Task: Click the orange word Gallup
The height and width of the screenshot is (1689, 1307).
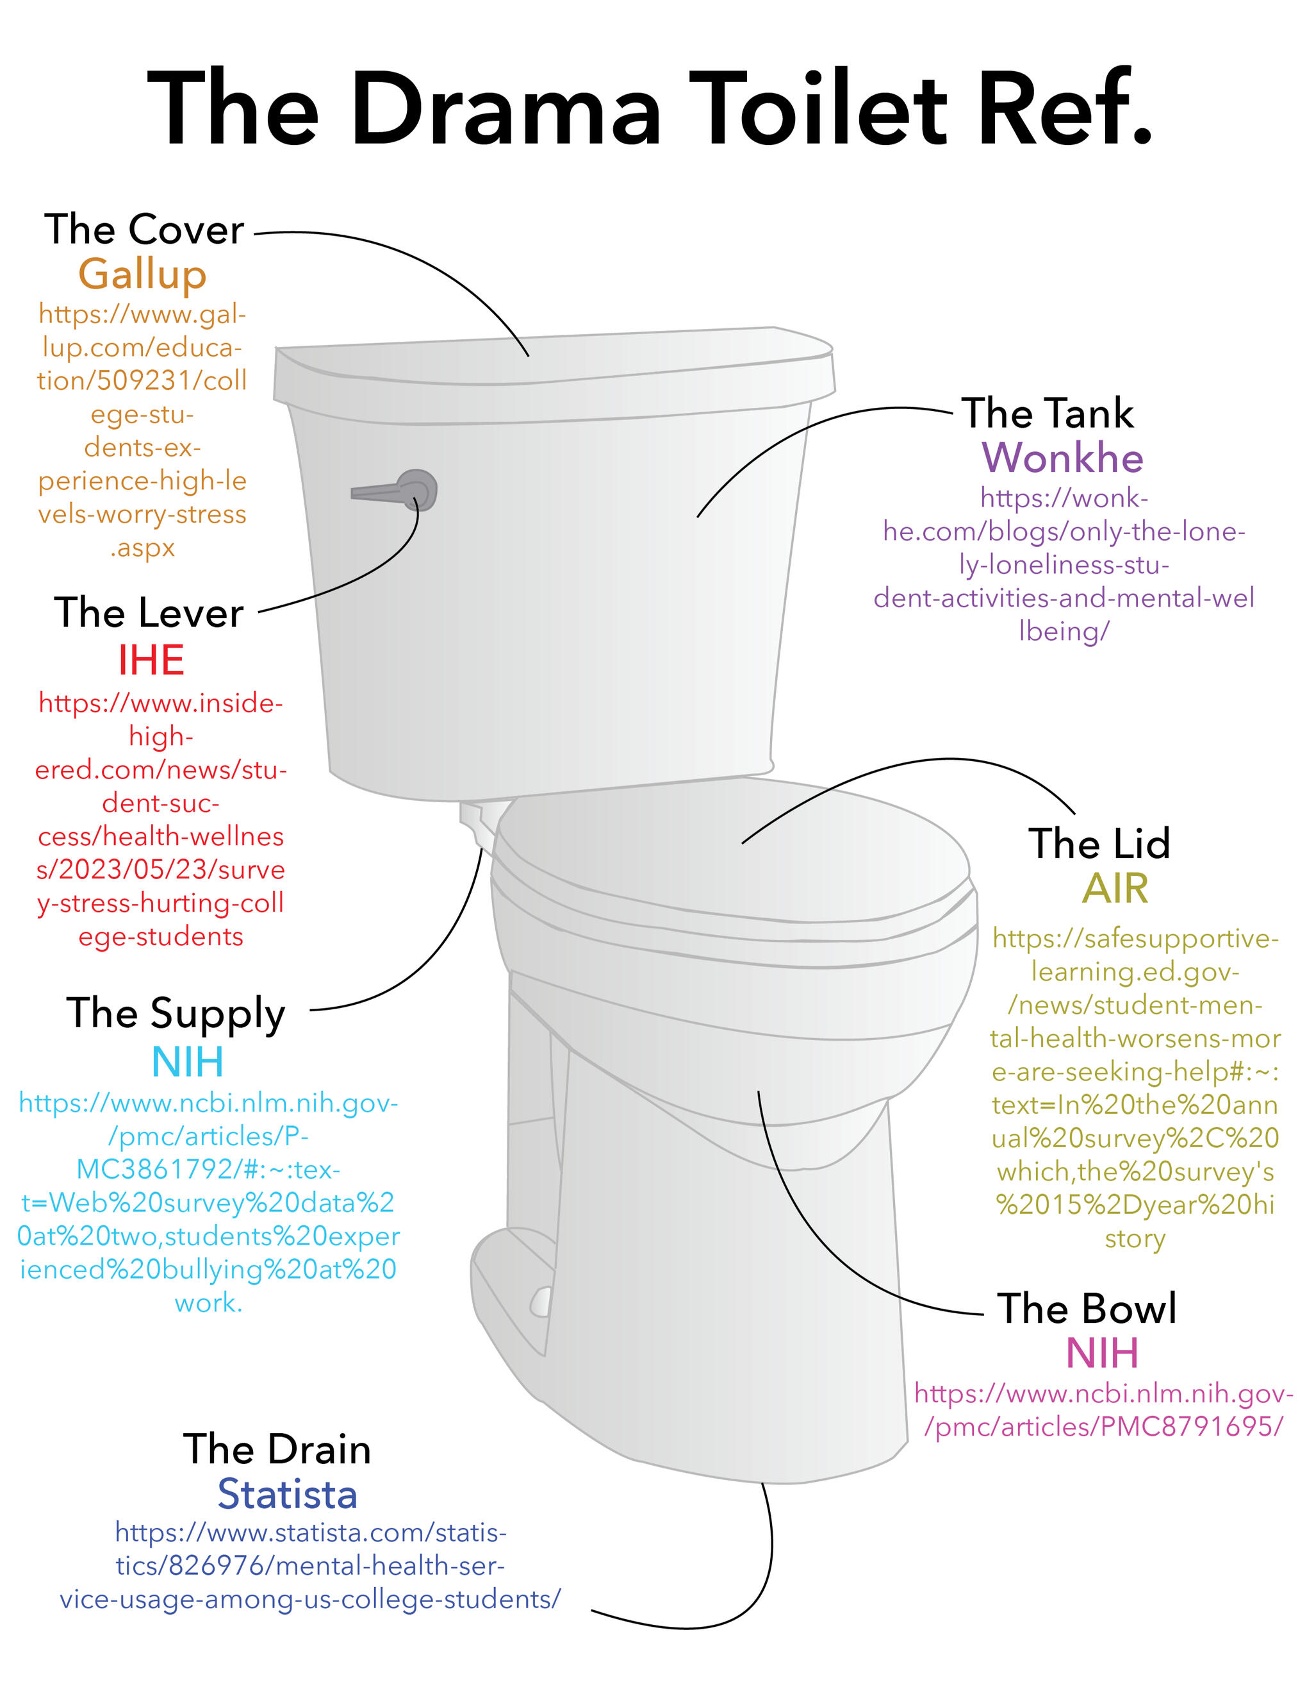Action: click(x=142, y=274)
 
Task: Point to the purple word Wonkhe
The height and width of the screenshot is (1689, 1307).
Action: click(x=1062, y=457)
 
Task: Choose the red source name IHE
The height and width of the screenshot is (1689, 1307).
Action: click(x=151, y=660)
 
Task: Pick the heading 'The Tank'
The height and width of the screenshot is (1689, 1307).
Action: click(x=1048, y=412)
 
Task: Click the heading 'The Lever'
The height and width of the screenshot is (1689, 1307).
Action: click(x=149, y=612)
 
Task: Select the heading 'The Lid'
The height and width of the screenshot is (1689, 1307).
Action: click(x=1098, y=843)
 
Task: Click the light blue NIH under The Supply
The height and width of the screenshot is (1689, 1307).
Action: click(x=188, y=1061)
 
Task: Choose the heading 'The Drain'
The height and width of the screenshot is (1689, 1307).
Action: click(x=277, y=1449)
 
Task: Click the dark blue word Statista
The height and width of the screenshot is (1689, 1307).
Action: click(x=287, y=1493)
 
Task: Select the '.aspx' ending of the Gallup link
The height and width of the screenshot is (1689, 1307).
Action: click(x=142, y=548)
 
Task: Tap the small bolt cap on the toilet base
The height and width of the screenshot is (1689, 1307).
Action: click(x=541, y=1301)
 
